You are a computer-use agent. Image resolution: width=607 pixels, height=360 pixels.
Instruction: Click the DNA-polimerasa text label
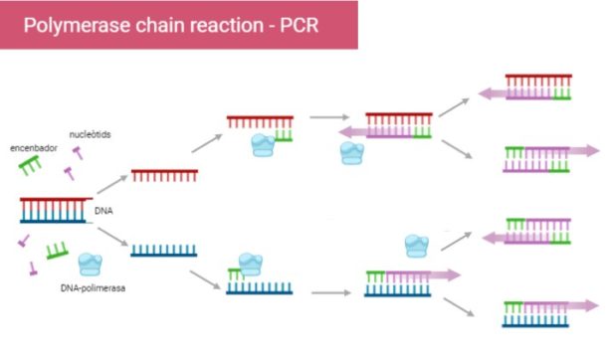tap(91, 289)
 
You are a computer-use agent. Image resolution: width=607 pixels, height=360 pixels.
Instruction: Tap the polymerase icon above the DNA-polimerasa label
tap(90, 265)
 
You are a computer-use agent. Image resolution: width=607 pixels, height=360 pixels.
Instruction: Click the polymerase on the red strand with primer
tap(262, 144)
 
